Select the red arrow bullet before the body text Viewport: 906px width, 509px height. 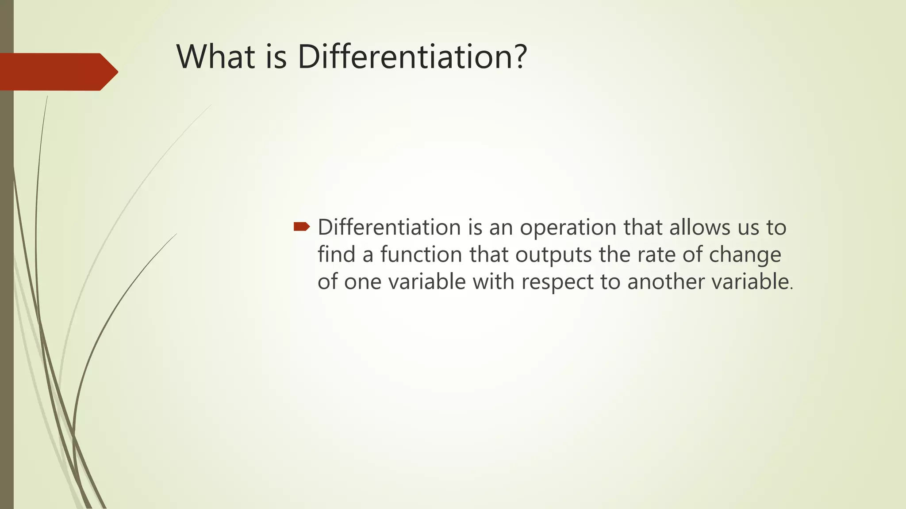point(302,227)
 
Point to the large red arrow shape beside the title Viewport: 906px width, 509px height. point(58,72)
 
